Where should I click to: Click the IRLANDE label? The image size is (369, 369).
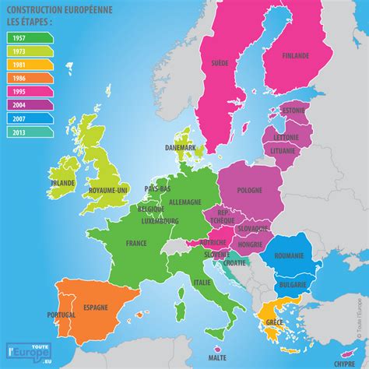pos(61,182)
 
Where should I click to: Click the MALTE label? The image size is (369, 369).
pos(218,357)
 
